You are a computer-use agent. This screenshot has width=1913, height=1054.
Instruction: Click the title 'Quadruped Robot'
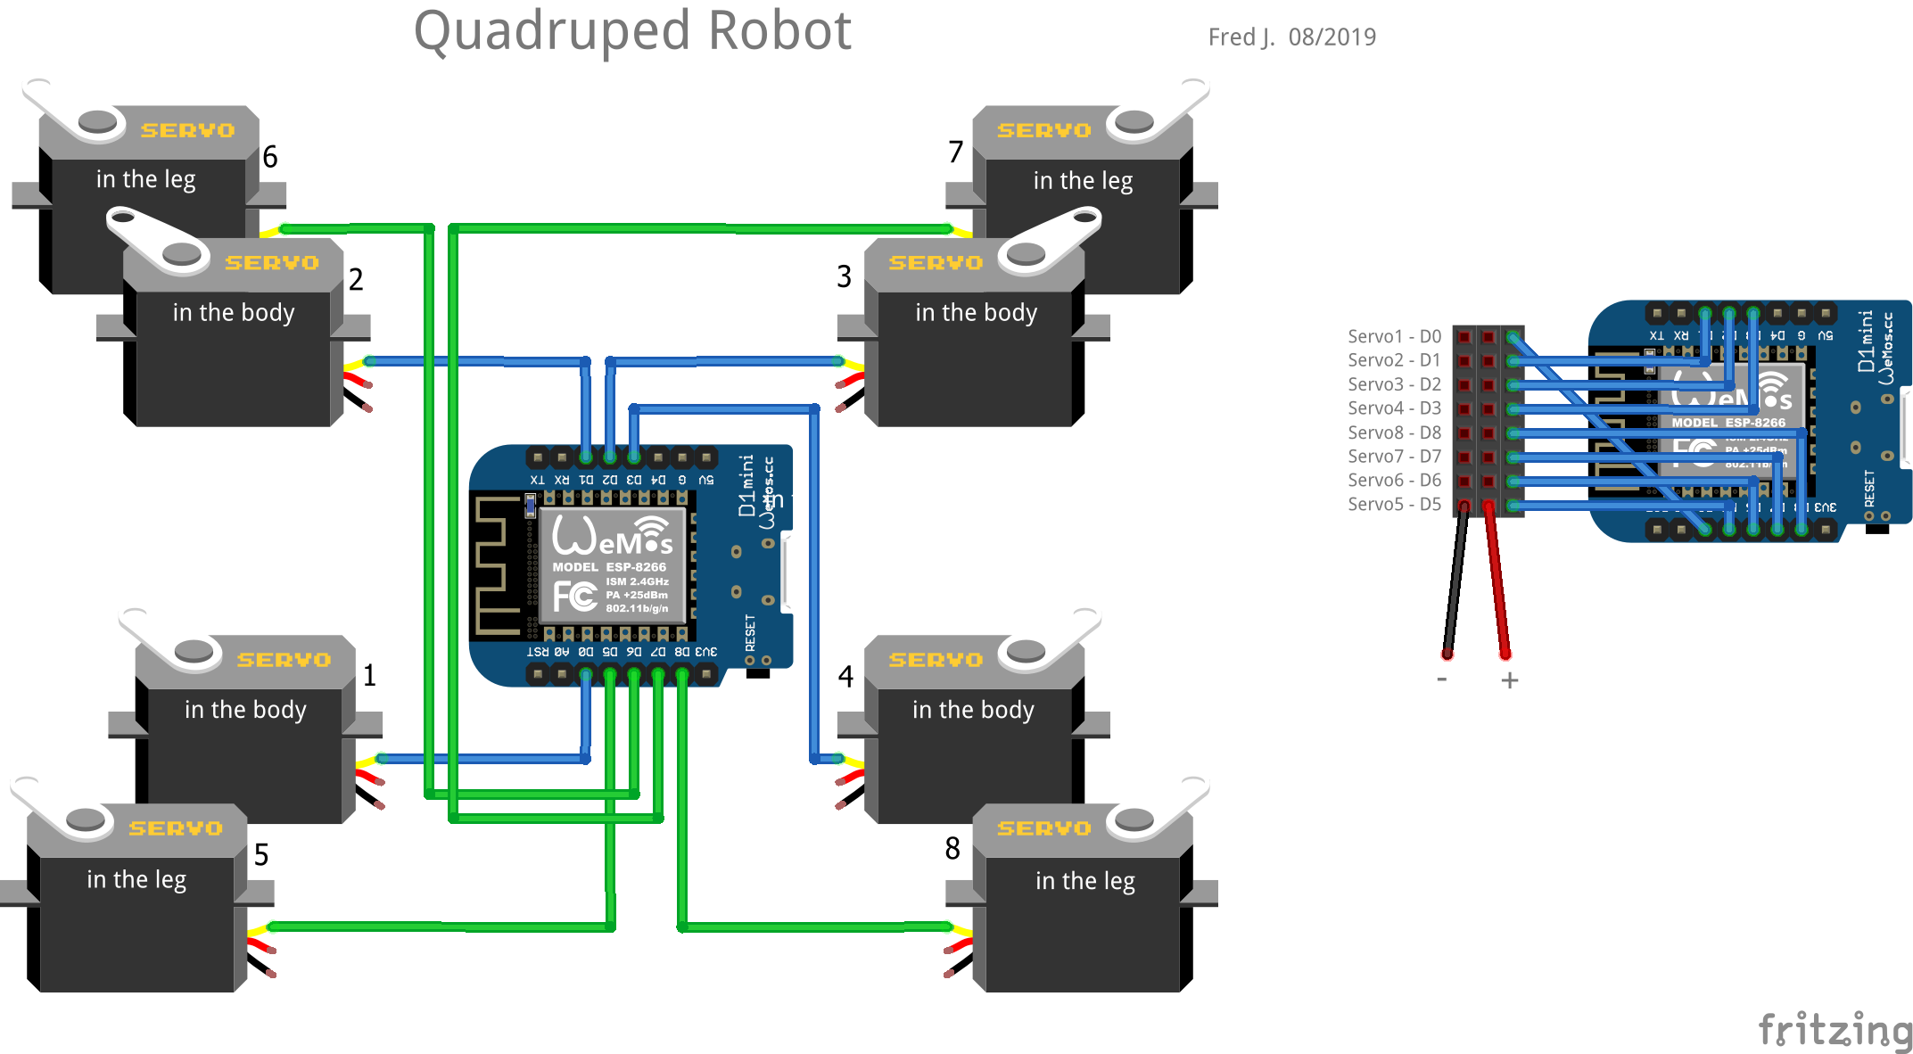(x=632, y=31)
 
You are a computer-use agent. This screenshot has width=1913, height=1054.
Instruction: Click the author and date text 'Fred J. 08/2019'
(x=1291, y=37)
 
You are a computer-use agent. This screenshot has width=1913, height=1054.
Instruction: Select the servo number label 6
(x=270, y=157)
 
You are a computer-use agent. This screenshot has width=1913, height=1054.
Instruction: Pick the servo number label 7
(x=955, y=152)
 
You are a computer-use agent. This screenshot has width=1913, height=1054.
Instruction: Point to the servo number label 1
(x=369, y=676)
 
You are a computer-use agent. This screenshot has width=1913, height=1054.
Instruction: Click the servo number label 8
(x=952, y=848)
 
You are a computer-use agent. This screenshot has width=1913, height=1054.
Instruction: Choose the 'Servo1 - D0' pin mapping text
(x=1394, y=336)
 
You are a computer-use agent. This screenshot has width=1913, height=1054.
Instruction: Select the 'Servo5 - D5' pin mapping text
(x=1394, y=504)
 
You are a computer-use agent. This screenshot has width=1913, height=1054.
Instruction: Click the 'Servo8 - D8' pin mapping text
(x=1394, y=432)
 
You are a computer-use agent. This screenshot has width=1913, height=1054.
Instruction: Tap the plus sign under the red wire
(x=1509, y=680)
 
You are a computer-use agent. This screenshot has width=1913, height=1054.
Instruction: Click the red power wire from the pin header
(x=1497, y=580)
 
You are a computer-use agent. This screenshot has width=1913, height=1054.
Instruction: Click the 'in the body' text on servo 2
(x=234, y=313)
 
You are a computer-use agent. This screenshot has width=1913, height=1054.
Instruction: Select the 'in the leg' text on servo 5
(x=136, y=880)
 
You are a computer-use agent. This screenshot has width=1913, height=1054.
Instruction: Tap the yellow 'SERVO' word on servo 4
(x=936, y=660)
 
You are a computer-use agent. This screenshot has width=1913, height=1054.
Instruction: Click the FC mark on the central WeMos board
(x=574, y=596)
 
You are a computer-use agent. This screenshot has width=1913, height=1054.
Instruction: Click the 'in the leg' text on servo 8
(x=1084, y=881)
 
